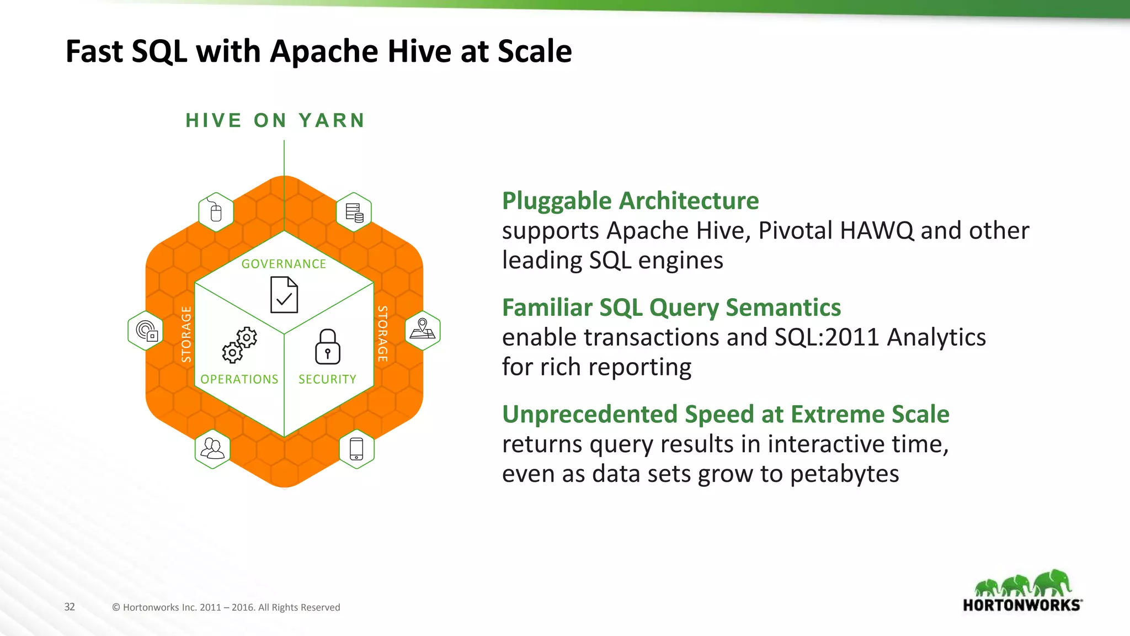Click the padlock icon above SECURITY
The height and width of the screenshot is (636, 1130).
[x=328, y=347]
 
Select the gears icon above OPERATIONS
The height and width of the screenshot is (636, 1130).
[x=239, y=345]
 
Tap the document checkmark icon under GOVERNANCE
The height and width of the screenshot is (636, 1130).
[x=284, y=295]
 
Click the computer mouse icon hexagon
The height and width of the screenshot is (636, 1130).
[x=216, y=212]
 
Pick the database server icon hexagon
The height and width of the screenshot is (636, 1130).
[x=354, y=212]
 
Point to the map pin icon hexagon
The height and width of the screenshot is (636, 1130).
[x=423, y=330]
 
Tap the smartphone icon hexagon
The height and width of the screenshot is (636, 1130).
[x=356, y=449]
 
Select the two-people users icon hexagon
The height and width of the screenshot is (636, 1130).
[x=212, y=449]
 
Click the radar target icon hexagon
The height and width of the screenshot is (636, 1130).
[x=146, y=331]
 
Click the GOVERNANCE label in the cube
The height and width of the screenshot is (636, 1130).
[x=284, y=264]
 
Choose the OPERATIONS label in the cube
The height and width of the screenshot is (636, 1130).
[x=239, y=379]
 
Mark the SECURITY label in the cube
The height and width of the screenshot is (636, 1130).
[x=327, y=379]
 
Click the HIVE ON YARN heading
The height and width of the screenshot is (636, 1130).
[x=275, y=120]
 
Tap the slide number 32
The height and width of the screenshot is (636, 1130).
[x=70, y=607]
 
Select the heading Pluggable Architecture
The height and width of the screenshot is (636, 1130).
[x=630, y=201]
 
